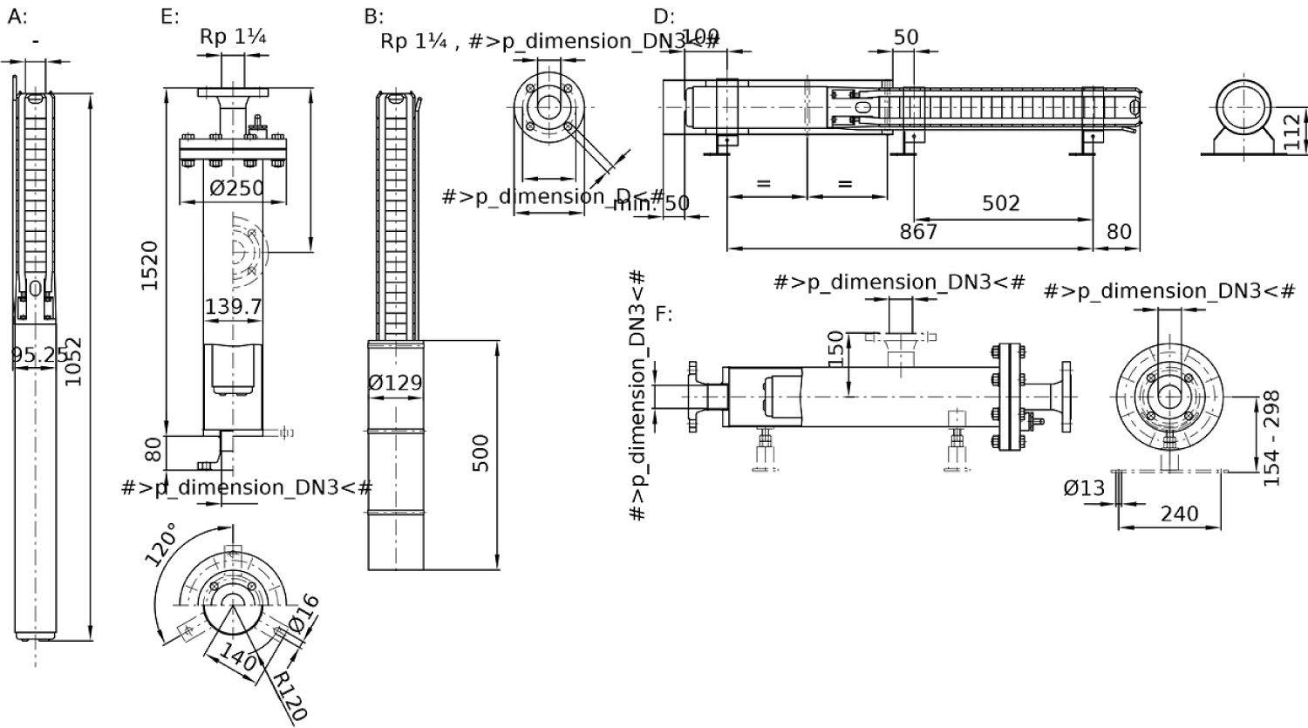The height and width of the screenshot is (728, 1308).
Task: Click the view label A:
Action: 17,17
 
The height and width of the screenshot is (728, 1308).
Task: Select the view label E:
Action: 170,17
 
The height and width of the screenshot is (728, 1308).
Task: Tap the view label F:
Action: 664,313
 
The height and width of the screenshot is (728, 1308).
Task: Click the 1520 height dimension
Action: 150,265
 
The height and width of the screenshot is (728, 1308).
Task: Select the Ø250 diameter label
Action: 238,187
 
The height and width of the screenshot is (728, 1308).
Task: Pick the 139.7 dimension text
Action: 233,307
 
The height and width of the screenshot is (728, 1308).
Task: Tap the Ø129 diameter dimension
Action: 395,382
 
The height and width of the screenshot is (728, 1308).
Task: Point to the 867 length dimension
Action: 918,231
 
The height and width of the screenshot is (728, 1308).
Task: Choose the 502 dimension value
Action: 1000,203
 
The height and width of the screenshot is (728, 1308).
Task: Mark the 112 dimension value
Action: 1295,131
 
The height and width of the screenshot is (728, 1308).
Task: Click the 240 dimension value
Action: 1179,514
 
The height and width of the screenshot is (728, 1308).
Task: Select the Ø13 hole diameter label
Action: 1084,489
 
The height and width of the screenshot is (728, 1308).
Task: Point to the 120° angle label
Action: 165,544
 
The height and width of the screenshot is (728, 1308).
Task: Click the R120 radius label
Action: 289,695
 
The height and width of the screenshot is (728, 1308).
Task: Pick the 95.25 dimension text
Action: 38,354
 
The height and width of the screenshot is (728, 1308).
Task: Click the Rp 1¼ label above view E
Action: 233,37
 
